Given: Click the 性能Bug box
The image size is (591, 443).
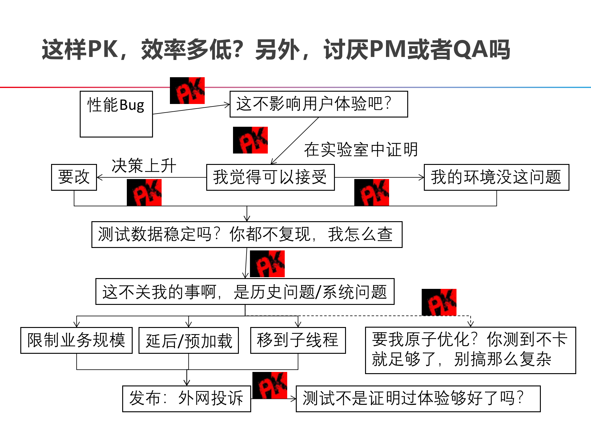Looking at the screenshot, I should click(x=116, y=114).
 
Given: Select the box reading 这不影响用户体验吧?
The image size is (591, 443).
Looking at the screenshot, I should click(x=319, y=104).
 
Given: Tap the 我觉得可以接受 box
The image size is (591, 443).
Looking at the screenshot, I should click(x=270, y=177).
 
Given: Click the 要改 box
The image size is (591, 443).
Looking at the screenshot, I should click(x=74, y=177).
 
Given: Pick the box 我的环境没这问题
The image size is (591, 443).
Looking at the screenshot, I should click(x=496, y=177).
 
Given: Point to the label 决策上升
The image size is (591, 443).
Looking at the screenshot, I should click(x=144, y=166).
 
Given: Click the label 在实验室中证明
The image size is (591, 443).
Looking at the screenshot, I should click(x=361, y=150).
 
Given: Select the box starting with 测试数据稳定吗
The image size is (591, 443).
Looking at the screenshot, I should click(x=247, y=234).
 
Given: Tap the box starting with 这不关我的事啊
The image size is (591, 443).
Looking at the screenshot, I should click(x=245, y=292).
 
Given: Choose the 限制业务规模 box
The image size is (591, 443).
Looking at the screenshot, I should click(x=76, y=340).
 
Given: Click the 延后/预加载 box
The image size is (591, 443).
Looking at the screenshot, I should click(x=189, y=341).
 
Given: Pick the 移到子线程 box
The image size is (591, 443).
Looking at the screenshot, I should click(x=298, y=340).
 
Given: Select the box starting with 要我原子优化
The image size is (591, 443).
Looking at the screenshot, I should click(x=470, y=350).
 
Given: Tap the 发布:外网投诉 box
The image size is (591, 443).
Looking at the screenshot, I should click(x=187, y=398).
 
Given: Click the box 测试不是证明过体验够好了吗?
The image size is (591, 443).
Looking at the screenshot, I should click(x=418, y=398).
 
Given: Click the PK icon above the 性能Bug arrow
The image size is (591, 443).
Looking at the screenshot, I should click(x=187, y=90).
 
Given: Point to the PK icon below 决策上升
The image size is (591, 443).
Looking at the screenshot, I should click(x=144, y=193).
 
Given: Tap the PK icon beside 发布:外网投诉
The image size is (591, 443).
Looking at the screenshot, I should click(x=270, y=385).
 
